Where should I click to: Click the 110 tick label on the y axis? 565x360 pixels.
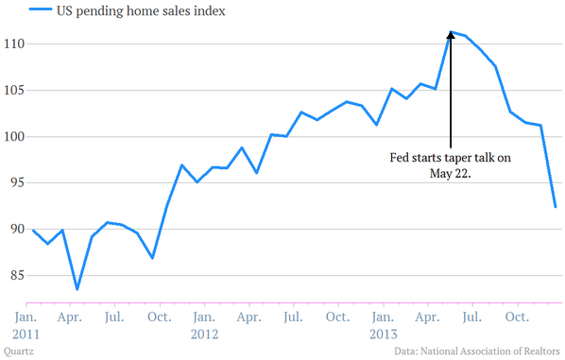tap(14, 44)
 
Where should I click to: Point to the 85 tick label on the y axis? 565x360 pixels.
tap(17, 275)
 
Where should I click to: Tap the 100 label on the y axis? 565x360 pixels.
tap(14, 137)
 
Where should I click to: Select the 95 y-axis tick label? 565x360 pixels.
tap(17, 182)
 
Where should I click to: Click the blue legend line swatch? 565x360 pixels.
tap(41, 9)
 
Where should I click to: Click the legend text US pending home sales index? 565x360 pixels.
tap(141, 10)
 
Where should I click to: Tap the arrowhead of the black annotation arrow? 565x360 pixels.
tap(451, 35)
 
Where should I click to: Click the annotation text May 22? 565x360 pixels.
tap(451, 174)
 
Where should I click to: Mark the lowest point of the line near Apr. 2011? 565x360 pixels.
tap(77, 289)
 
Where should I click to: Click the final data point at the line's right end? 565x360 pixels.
tap(556, 207)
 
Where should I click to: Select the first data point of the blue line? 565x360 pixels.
tap(33, 231)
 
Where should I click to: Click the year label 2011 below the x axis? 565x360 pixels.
tap(26, 334)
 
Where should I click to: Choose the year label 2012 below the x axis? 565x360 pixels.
tap(204, 334)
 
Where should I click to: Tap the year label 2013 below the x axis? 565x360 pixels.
tap(384, 334)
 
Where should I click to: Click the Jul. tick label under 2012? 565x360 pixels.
tap(293, 317)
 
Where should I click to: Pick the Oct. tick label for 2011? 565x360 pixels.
tap(160, 317)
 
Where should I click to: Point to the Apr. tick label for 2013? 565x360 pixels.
tap(427, 317)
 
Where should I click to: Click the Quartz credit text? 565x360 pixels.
tap(19, 351)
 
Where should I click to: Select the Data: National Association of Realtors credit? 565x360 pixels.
tap(477, 351)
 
